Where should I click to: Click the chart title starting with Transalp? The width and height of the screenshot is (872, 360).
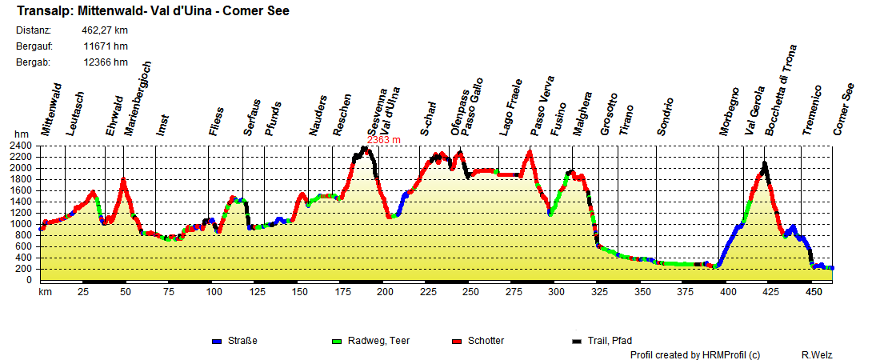153,11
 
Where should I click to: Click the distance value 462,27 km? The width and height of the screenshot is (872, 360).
105,30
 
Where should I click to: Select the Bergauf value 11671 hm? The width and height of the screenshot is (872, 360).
106,46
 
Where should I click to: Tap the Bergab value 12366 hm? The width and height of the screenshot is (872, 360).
106,62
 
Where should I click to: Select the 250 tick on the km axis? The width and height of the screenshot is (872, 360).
470,292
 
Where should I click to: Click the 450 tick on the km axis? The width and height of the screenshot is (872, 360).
814,292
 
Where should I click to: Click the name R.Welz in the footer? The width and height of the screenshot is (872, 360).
815,354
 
